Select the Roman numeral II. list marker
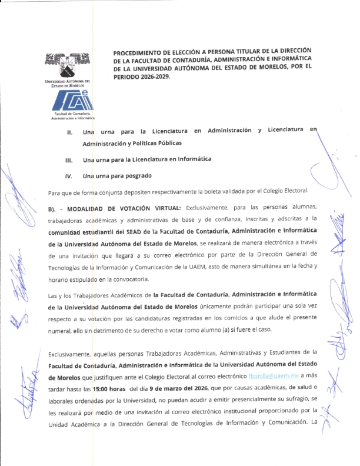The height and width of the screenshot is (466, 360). pyautogui.click(x=69, y=131)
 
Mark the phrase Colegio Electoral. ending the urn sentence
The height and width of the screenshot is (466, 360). pyautogui.click(x=289, y=192)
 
